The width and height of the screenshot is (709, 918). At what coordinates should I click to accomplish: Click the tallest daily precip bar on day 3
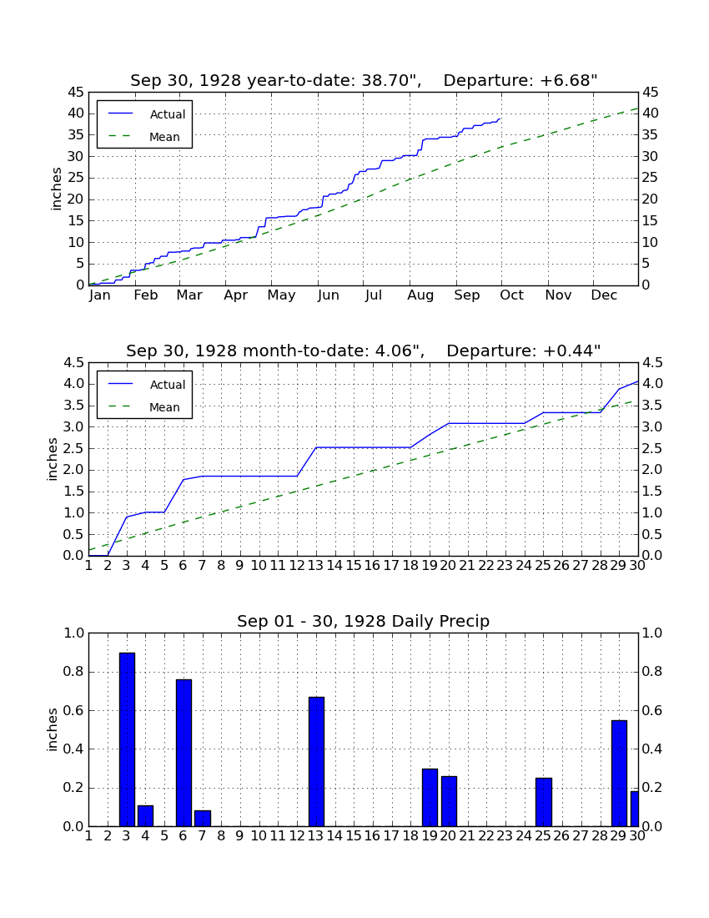(x=127, y=739)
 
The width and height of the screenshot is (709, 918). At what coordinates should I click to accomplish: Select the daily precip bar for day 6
(x=184, y=753)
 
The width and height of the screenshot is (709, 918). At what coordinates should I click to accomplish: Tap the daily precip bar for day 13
(x=316, y=762)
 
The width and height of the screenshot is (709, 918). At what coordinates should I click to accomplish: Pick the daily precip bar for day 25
(x=544, y=802)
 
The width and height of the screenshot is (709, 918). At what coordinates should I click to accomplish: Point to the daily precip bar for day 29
(x=619, y=774)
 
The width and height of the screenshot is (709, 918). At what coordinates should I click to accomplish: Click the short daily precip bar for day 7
(x=203, y=819)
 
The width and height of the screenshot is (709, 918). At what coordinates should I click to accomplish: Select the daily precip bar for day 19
(x=430, y=797)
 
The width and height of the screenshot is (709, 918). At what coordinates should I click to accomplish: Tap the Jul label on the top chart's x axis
(x=373, y=295)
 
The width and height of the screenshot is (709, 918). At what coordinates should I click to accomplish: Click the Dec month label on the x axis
(x=604, y=295)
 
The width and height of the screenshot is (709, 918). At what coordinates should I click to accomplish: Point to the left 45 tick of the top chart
(x=77, y=93)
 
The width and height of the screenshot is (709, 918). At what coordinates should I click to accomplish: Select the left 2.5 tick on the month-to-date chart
(x=74, y=449)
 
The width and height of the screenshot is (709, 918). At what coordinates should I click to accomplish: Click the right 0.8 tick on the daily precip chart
(x=652, y=672)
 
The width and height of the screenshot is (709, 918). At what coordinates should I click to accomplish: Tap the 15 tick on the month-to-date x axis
(x=354, y=566)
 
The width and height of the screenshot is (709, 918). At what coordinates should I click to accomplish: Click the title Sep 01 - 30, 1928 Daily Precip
(x=364, y=621)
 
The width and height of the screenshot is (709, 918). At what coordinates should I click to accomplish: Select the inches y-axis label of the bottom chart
(x=53, y=729)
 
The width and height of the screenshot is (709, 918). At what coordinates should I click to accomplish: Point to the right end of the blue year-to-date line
(x=500, y=119)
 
